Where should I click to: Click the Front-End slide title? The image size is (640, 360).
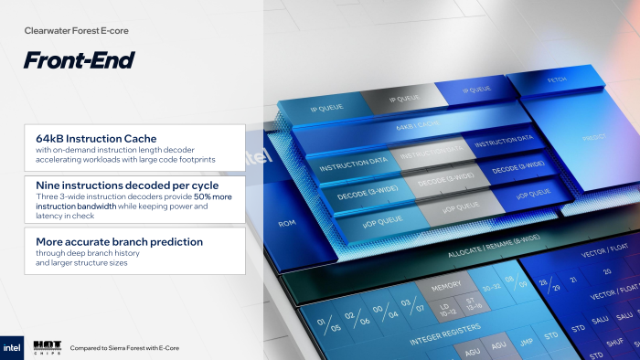coord(80,61)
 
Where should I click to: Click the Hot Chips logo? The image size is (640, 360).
coord(48,346)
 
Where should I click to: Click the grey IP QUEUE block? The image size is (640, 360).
coord(403,98)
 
